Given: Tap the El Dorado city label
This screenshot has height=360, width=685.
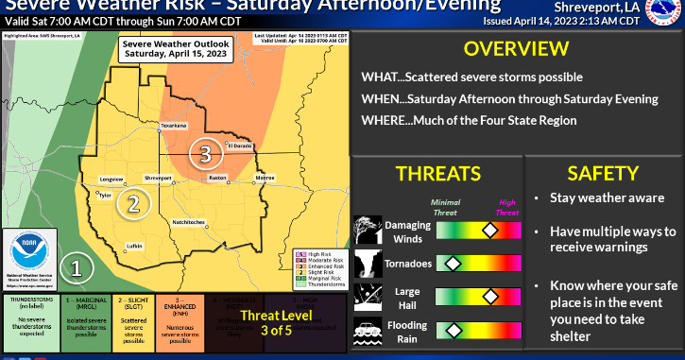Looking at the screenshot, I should [241, 146].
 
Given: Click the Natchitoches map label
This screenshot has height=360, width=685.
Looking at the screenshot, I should [189, 221].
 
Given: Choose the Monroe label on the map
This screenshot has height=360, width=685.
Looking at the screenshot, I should [265, 177].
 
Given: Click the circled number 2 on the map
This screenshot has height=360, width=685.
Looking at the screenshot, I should [134, 201].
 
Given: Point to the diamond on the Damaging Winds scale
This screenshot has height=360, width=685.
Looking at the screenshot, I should [489, 229].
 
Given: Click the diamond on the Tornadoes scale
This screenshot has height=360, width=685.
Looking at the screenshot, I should [453, 262].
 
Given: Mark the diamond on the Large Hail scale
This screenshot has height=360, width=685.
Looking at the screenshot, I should [489, 296].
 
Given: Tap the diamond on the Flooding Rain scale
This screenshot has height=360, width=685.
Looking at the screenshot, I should [453, 330].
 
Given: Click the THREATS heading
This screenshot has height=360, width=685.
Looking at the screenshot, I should [437, 173].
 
